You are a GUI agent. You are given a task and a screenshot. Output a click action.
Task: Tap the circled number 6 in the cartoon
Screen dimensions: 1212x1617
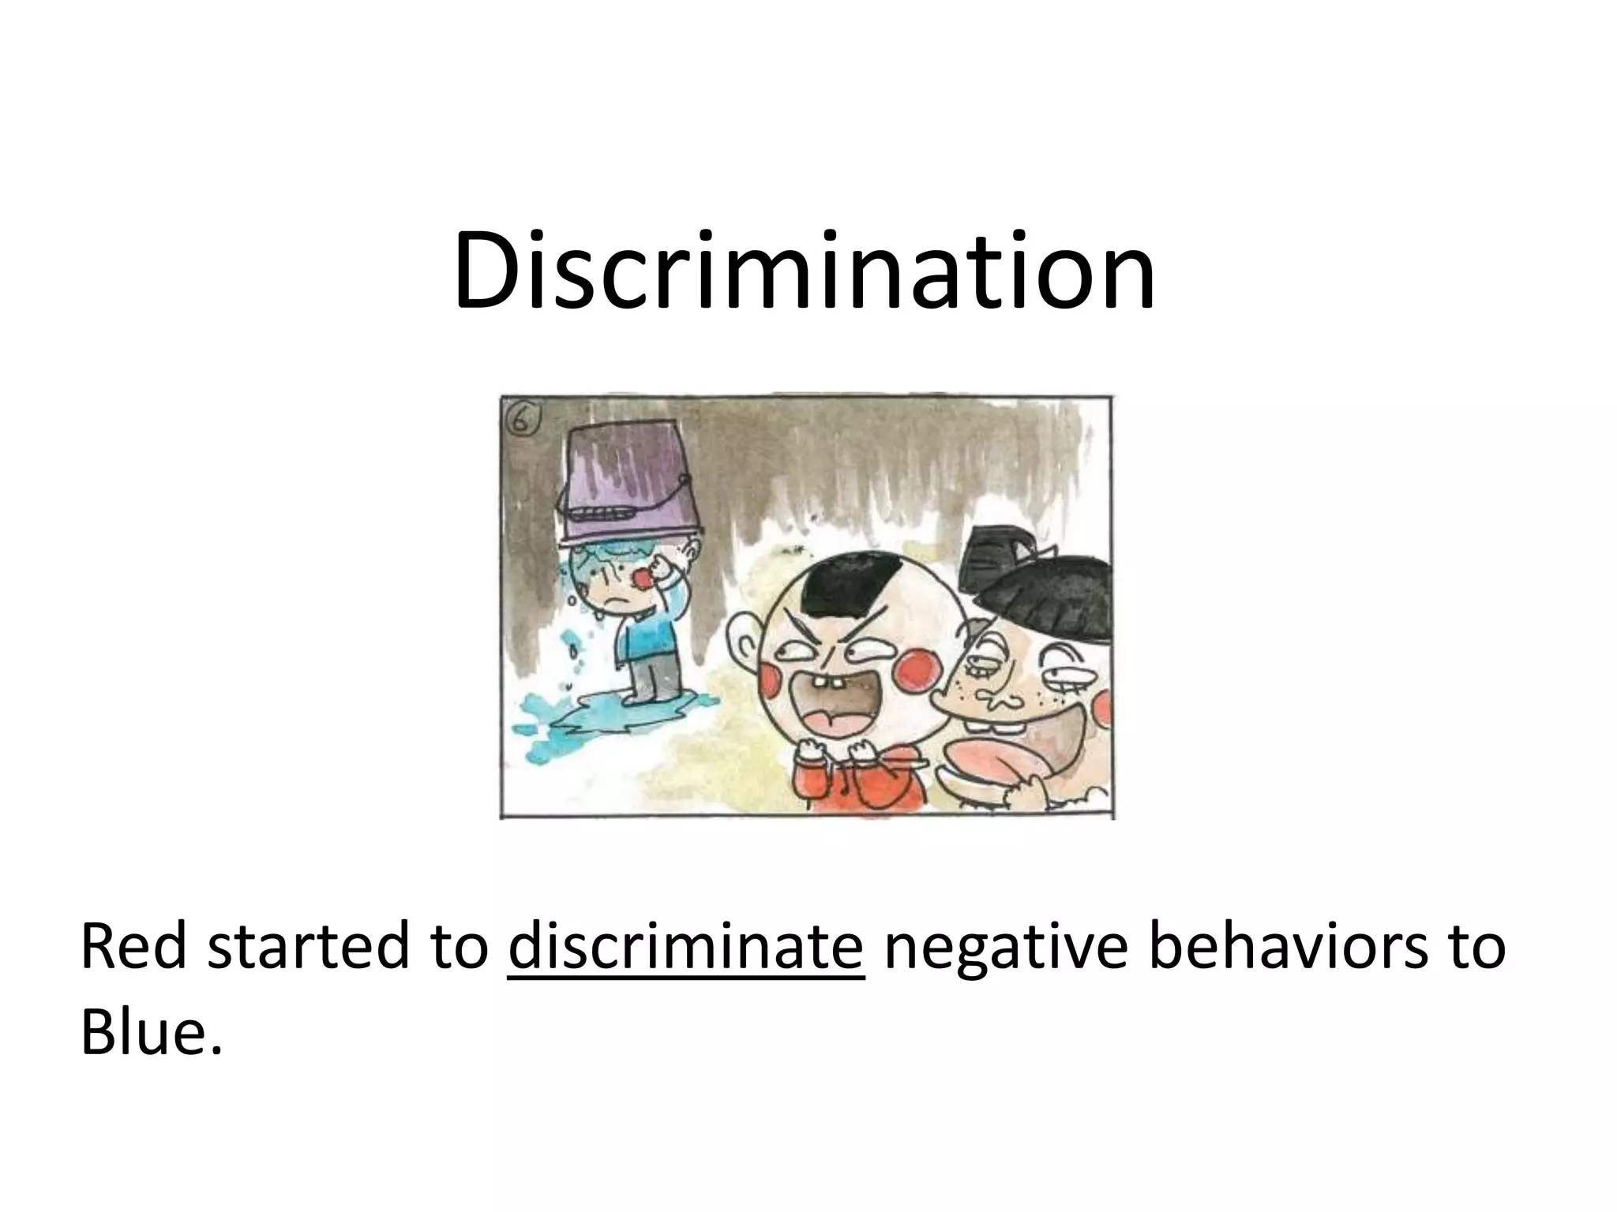(x=522, y=419)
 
